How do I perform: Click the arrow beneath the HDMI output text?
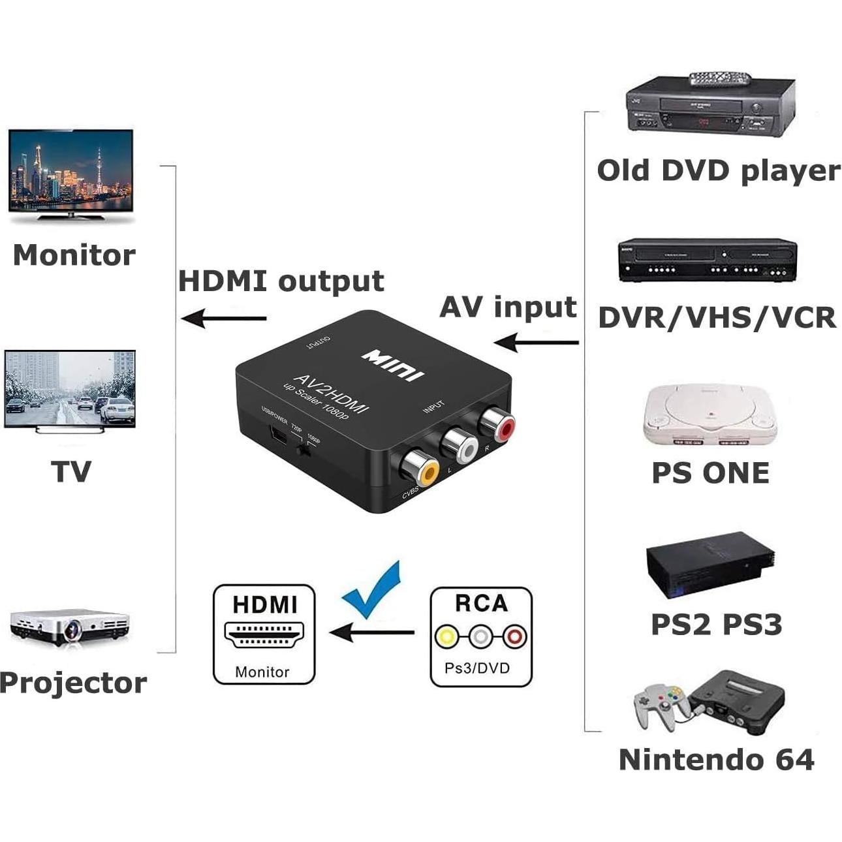(x=224, y=319)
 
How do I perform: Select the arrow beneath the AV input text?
(x=536, y=341)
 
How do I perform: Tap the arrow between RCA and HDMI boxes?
(x=372, y=632)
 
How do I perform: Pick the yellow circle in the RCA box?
(x=447, y=635)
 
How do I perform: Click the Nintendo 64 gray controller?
(x=659, y=705)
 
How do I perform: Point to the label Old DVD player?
(x=718, y=171)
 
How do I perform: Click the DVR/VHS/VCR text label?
(x=717, y=318)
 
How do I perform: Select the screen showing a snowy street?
(x=70, y=389)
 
